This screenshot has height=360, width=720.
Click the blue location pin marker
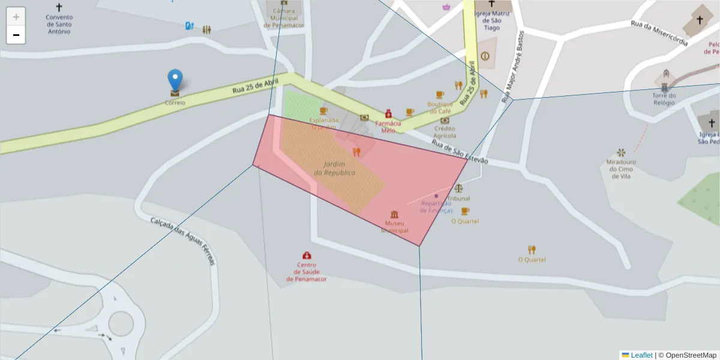point(175,80)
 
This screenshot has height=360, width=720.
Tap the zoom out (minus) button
point(16,35)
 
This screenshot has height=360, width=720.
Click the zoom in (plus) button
point(16,17)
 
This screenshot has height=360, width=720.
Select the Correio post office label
point(175,103)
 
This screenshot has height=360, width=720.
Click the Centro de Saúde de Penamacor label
point(307,272)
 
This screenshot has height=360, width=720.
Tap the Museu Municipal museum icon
point(394,215)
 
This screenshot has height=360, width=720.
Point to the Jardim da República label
point(335,169)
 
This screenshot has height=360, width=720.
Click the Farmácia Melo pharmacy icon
point(388,113)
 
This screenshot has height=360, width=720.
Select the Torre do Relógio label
point(664,98)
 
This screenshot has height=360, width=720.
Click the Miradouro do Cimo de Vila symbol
point(621,152)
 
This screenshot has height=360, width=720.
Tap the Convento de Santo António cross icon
point(59,7)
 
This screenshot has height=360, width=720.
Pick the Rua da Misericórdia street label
point(659,33)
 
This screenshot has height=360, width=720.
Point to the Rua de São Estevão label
point(460,153)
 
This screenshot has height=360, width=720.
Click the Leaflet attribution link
point(641,355)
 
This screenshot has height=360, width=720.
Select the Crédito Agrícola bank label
point(445,131)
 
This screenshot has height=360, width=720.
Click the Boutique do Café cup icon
point(440,95)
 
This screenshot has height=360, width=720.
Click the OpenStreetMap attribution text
point(691,355)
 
